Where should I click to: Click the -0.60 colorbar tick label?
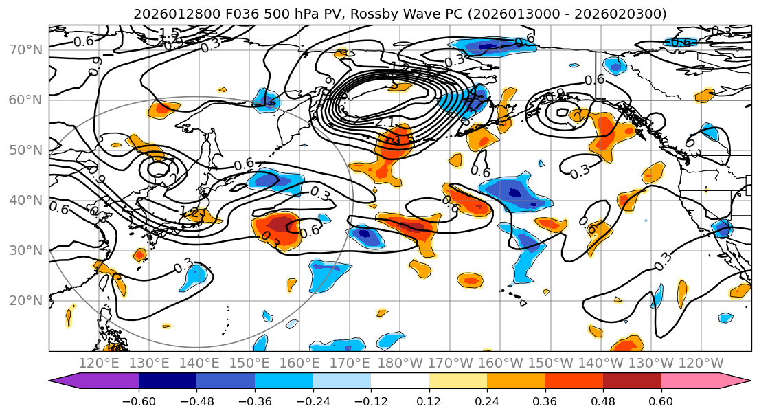[x=139, y=401]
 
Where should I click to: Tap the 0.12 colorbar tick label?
[x=429, y=401]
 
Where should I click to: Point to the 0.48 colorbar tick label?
[x=603, y=401]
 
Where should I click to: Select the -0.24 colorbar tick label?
[x=313, y=401]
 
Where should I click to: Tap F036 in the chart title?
[x=242, y=14]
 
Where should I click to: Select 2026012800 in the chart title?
[x=176, y=14]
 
